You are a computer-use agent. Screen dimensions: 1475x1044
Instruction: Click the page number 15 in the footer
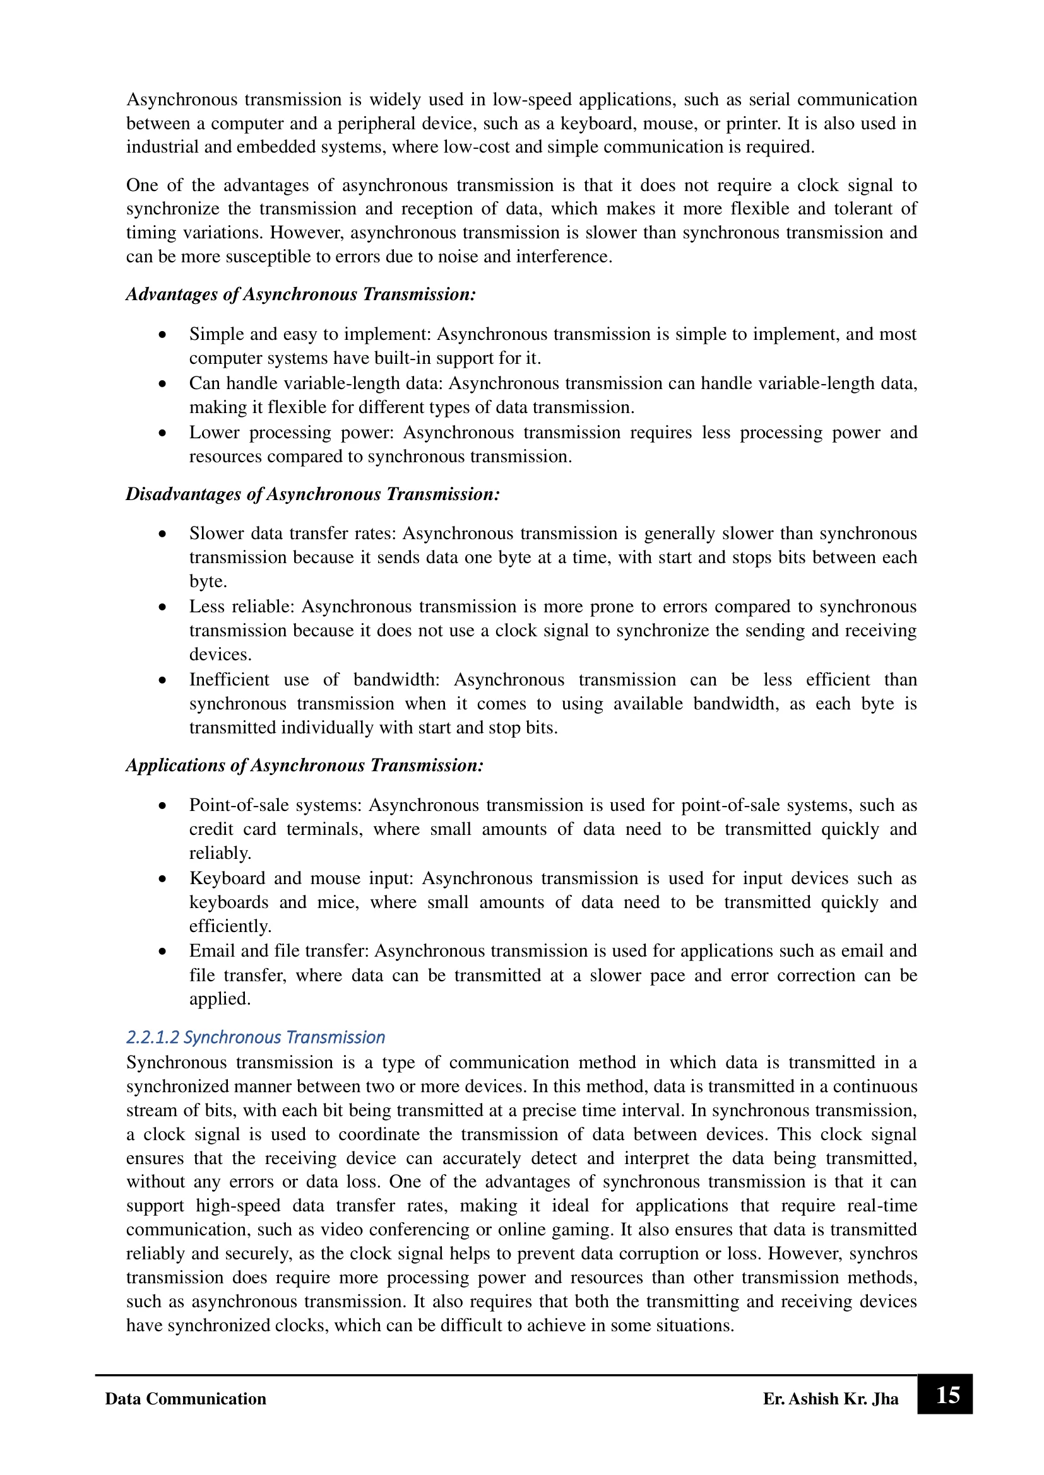(947, 1396)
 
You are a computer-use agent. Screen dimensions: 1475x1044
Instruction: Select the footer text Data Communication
(185, 1399)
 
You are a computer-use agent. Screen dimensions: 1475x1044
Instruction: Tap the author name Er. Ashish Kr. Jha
(830, 1399)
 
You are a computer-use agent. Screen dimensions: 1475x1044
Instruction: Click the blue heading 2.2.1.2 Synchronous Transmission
(255, 1037)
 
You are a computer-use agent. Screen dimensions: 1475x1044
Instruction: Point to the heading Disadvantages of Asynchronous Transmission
(312, 494)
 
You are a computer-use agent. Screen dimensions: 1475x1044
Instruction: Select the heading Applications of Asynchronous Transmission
(304, 765)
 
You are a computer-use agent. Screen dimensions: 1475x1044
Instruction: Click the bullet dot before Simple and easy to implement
(163, 335)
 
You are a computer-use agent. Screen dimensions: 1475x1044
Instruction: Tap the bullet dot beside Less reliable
(163, 607)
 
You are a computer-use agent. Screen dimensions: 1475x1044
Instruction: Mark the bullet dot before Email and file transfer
(163, 952)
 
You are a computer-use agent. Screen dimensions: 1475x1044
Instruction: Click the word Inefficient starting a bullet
(229, 680)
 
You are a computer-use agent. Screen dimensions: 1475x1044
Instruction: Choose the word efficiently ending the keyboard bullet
(230, 926)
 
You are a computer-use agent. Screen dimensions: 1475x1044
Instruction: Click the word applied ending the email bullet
(219, 999)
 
